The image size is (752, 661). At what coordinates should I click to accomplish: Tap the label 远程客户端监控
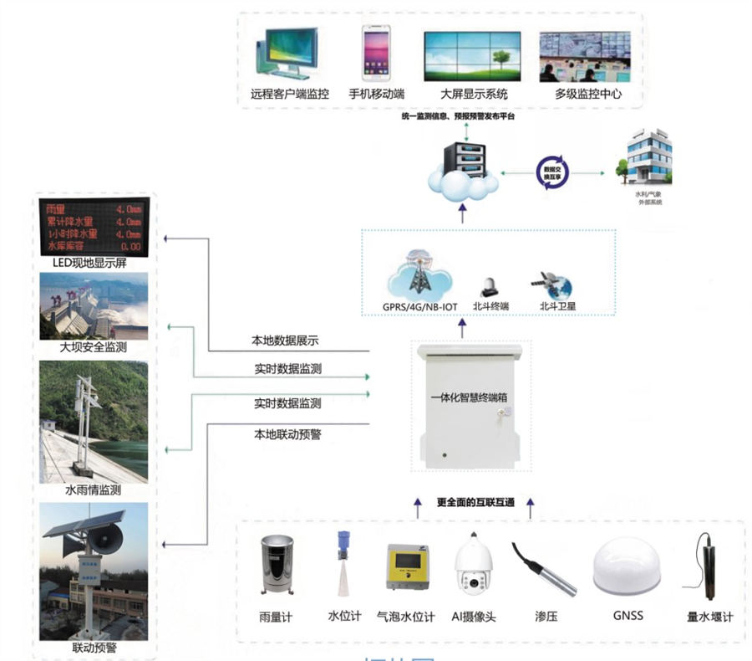289,94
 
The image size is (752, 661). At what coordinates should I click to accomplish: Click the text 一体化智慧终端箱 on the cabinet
470,397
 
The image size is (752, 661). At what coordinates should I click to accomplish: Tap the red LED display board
94,227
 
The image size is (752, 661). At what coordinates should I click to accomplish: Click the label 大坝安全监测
94,346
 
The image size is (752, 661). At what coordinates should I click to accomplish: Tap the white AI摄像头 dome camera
473,569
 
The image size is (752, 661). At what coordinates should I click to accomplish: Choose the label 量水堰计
709,617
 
